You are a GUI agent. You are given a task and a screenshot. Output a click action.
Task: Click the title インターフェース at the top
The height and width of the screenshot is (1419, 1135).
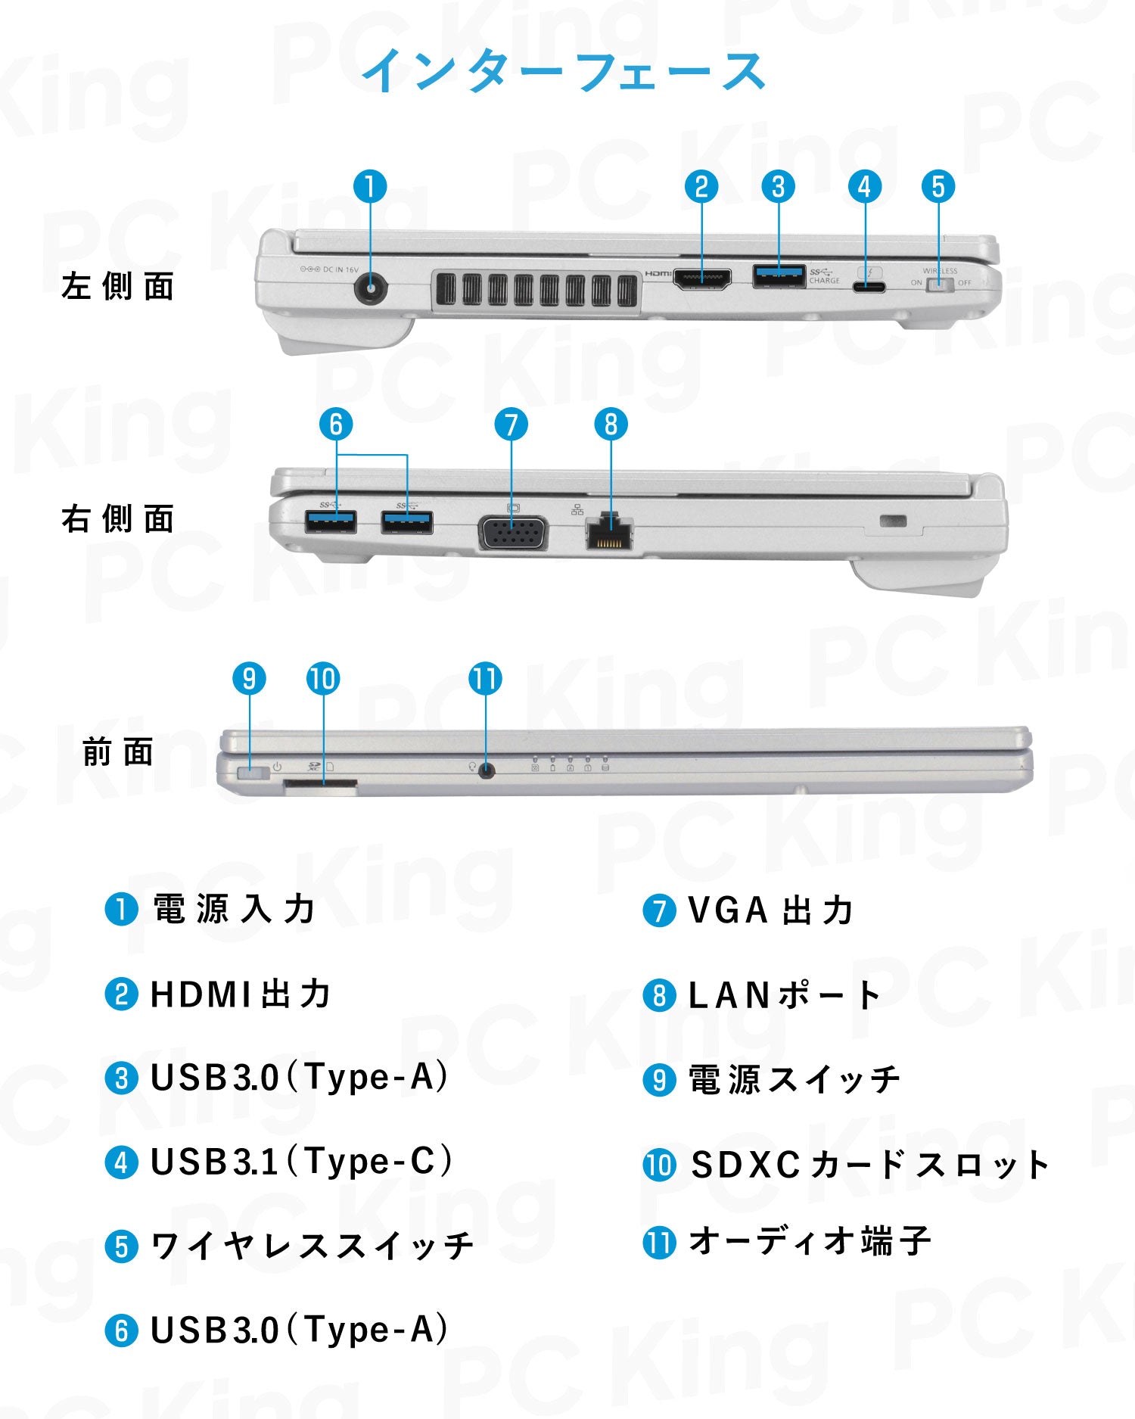pos(564,71)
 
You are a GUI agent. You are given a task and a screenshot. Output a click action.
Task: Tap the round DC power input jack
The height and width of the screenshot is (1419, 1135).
pos(371,289)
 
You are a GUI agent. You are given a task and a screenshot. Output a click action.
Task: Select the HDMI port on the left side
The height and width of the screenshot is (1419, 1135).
pos(701,279)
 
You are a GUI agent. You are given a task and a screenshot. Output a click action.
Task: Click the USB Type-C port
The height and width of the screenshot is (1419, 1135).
pos(868,287)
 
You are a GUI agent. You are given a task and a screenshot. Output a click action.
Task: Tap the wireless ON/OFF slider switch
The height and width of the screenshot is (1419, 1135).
pos(939,285)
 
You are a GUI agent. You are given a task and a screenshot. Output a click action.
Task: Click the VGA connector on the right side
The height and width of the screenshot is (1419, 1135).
pos(512,533)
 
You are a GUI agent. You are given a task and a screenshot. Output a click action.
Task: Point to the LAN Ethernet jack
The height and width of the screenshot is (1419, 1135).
pos(609,533)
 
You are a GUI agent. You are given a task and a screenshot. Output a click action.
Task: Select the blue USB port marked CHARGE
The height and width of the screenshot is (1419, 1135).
pos(779,276)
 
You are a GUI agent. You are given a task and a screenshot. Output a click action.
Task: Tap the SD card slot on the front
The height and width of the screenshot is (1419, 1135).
pos(320,787)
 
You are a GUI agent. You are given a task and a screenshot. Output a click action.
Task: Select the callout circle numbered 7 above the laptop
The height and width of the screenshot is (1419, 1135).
pos(511,425)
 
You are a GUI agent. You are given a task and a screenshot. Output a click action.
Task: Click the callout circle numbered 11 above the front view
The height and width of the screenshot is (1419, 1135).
pos(485,679)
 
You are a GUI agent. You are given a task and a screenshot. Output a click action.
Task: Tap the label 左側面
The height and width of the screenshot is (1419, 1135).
pos(118,287)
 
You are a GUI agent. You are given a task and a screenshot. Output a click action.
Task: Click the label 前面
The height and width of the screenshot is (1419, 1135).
pos(118,752)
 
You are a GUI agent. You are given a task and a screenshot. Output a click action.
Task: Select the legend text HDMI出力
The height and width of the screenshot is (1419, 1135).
pos(241,994)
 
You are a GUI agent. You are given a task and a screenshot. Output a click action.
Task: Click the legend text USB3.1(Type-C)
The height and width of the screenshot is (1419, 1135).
pos(300,1162)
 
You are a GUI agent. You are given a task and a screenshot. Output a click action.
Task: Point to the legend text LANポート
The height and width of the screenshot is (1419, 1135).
pos(785,995)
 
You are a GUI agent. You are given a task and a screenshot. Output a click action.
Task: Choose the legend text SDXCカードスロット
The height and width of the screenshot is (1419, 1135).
pos(869,1165)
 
